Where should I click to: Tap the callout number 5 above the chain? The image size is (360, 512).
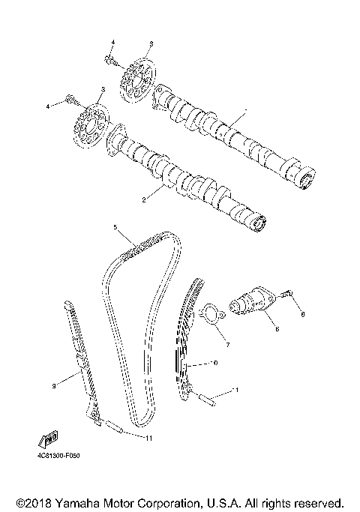click(x=115, y=226)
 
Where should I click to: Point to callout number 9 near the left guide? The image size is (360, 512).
click(x=55, y=387)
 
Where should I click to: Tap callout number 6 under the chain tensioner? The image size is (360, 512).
click(x=276, y=328)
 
